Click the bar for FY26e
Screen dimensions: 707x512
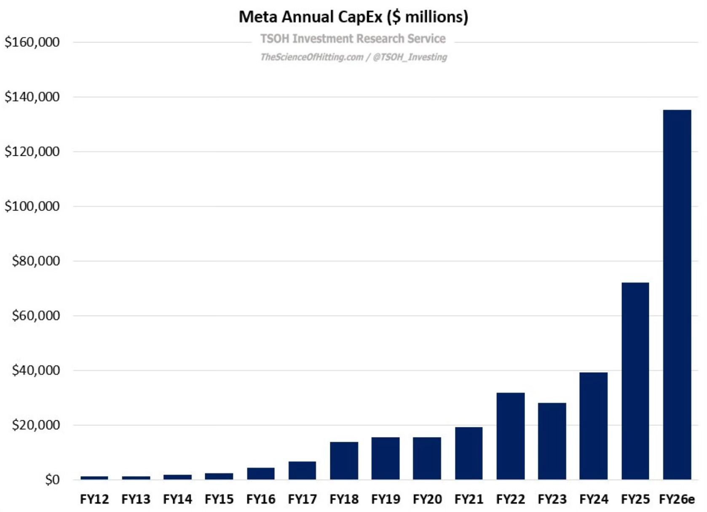click(x=677, y=295)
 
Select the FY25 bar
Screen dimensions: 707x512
click(x=635, y=381)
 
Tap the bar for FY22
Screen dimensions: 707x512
click(x=510, y=436)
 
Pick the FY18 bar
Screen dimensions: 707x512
click(x=344, y=461)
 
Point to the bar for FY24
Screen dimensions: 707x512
click(x=593, y=426)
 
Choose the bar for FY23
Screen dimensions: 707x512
click(x=552, y=441)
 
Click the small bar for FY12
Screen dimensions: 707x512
click(x=94, y=478)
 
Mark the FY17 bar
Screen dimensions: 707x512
click(x=302, y=471)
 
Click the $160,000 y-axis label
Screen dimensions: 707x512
click(x=32, y=42)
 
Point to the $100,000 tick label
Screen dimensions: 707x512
click(x=32, y=206)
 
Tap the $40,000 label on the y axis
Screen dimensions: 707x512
click(x=36, y=371)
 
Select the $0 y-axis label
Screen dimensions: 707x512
click(x=52, y=480)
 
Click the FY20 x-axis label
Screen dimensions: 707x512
click(x=427, y=499)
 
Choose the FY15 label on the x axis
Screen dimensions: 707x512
click(x=219, y=499)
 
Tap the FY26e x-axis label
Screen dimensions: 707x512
click(x=677, y=499)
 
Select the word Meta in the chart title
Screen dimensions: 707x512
click(x=258, y=17)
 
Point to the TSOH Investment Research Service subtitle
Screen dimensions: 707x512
click(x=353, y=38)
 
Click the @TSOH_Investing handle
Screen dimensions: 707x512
click(x=410, y=57)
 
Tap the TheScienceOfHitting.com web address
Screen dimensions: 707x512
click(x=312, y=57)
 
